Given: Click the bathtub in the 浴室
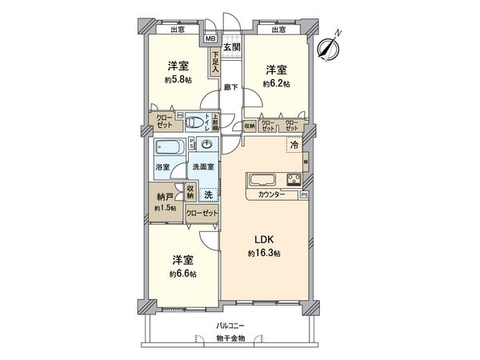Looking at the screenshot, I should click(x=169, y=148).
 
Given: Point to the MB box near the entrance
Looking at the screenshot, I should click(x=210, y=38).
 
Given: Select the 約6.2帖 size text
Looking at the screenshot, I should click(x=276, y=84).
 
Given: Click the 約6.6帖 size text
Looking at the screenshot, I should click(x=181, y=274).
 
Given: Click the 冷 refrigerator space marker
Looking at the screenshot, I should click(x=294, y=146).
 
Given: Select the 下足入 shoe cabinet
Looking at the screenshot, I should click(x=215, y=62).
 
